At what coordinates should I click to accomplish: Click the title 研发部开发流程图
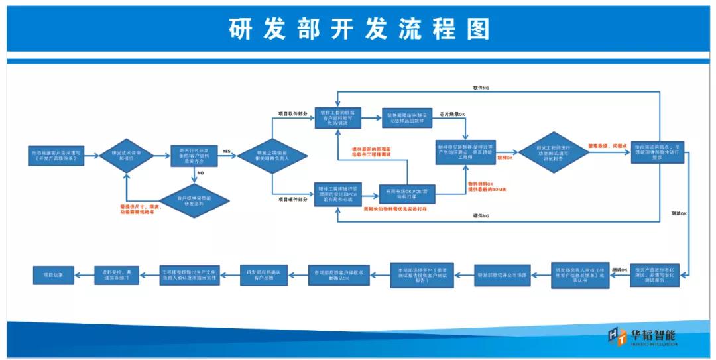359,29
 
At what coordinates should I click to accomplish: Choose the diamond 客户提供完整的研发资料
193,200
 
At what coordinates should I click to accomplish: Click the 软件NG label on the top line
481,88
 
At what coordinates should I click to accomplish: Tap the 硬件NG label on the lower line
481,216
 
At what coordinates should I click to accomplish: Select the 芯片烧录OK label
452,115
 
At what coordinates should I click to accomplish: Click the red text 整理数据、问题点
607,145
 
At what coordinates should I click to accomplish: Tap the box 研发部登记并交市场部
502,274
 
